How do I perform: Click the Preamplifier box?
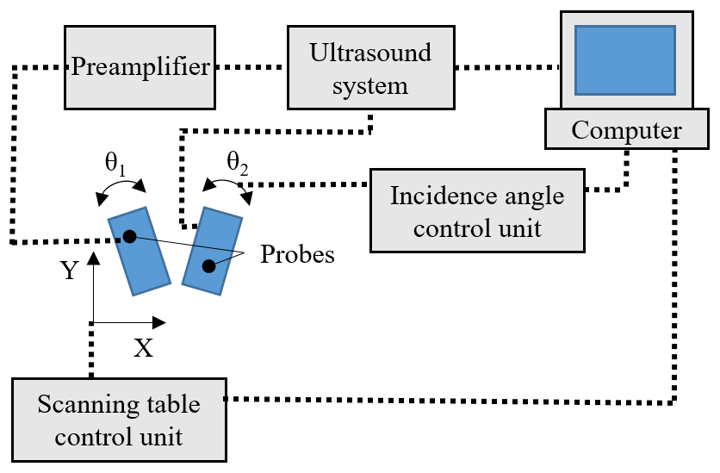click(x=140, y=66)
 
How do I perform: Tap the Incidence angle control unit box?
click(x=477, y=210)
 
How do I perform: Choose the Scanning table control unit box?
click(x=120, y=420)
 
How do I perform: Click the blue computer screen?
click(x=625, y=59)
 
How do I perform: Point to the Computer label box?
click(x=627, y=131)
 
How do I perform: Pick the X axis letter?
click(x=143, y=348)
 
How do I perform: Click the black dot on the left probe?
click(x=129, y=236)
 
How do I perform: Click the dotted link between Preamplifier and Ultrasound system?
click(x=250, y=66)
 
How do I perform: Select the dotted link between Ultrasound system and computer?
click(x=507, y=66)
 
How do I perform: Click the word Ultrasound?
click(x=370, y=54)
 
